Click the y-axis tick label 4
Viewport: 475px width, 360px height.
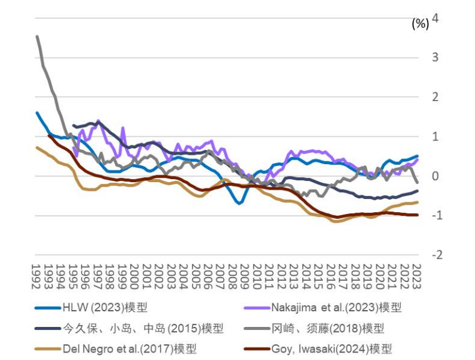pos(435,18)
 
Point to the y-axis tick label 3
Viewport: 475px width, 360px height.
pos(435,57)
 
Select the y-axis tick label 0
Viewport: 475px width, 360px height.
pos(435,176)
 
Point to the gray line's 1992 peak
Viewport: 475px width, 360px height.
pos(37,37)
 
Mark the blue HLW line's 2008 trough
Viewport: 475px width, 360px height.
pos(239,203)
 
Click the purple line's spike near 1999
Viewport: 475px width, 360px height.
pos(123,128)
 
